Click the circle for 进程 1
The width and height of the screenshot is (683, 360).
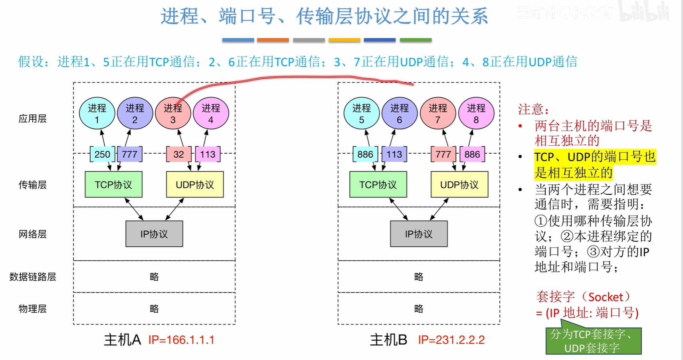tap(97, 113)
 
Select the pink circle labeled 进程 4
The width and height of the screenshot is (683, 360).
tap(211, 113)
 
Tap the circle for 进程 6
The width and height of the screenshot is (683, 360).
tap(400, 113)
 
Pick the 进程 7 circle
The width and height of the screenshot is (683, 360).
tap(438, 113)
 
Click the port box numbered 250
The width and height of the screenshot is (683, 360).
tap(102, 154)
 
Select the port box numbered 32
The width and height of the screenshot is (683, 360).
tap(178, 154)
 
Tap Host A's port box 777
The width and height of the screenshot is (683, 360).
tap(130, 154)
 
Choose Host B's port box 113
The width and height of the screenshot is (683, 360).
tap(394, 154)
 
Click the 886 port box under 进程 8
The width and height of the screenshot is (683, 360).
tap(472, 154)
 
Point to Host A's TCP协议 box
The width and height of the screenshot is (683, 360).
tap(113, 185)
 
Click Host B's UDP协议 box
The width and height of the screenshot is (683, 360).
tap(459, 185)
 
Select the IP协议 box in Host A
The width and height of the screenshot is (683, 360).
tap(154, 234)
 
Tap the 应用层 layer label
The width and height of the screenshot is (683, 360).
tap(32, 119)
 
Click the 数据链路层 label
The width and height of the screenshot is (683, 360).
tap(32, 277)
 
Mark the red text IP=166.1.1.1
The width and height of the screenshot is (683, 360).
tap(181, 340)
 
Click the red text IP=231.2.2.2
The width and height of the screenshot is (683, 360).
tap(451, 340)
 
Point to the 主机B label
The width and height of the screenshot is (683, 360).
tap(388, 340)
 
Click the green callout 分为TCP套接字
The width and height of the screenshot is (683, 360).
tap(593, 341)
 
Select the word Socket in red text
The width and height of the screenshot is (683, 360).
tap(606, 297)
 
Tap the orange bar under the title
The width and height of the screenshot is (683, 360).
tap(273, 40)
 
